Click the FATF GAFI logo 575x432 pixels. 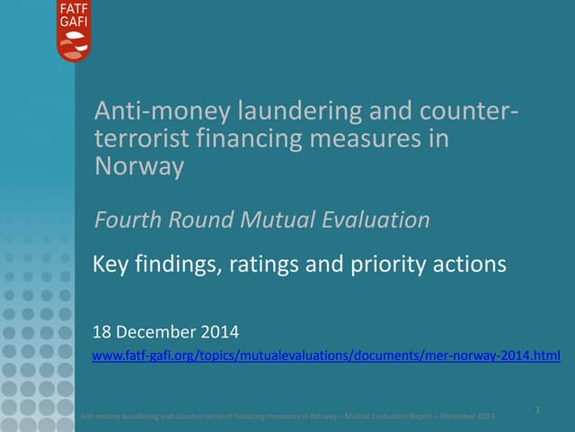click(x=73, y=31)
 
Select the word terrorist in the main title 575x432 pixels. click(x=136, y=139)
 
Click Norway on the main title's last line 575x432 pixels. click(x=139, y=166)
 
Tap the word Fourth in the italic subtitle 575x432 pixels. click(x=128, y=219)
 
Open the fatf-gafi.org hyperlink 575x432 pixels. click(x=326, y=356)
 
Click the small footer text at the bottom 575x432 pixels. click(x=287, y=416)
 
